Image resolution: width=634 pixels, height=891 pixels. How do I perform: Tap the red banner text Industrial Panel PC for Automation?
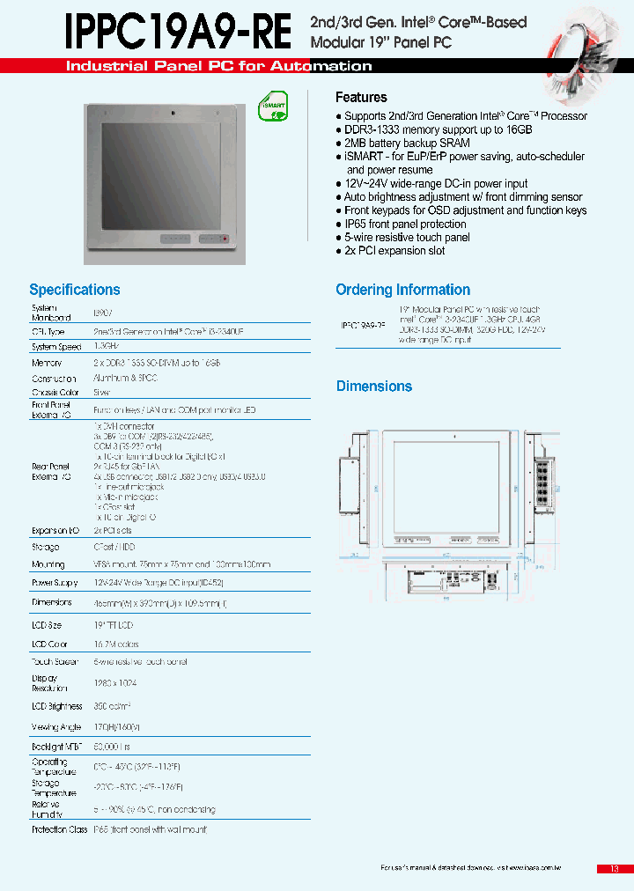coord(219,66)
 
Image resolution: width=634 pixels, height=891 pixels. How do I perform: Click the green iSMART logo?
coord(273,107)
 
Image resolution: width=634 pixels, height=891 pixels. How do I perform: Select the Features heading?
coord(361,98)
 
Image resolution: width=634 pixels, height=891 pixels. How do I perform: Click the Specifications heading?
coord(75,290)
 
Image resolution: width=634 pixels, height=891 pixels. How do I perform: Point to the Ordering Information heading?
coord(402,290)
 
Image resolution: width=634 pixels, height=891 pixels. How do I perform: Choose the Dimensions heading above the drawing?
coord(374,387)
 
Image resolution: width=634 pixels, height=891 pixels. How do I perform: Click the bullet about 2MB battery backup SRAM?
coord(407,143)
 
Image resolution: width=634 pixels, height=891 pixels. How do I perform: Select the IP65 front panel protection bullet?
coord(405,224)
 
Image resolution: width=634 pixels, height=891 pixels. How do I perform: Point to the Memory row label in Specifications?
coord(47,363)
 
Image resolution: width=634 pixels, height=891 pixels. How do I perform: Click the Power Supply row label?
coord(55,583)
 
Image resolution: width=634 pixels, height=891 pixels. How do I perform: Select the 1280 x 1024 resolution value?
coord(115,683)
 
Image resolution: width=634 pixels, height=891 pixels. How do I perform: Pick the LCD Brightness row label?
coord(57,706)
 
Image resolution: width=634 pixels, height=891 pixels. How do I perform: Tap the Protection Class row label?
coord(60,829)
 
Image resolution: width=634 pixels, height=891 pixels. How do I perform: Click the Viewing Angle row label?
coord(57,727)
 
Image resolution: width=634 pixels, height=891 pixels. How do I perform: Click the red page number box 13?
coord(614,869)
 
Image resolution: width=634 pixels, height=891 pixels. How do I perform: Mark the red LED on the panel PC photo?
coord(225,239)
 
